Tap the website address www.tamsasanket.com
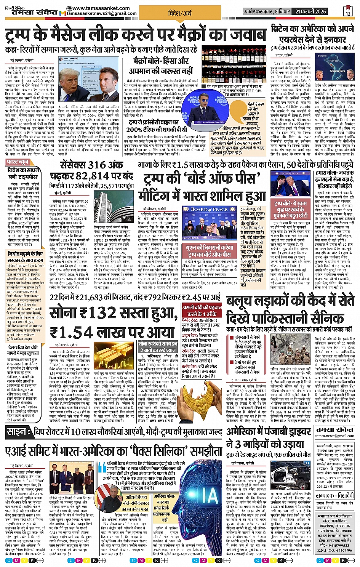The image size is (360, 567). pos(101,8)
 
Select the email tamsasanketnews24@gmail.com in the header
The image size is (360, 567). pos(102,14)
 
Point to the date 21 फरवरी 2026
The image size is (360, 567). pos(311,12)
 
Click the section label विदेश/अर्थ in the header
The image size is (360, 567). pos(180,13)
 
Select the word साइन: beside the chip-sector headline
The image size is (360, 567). pos(18,432)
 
